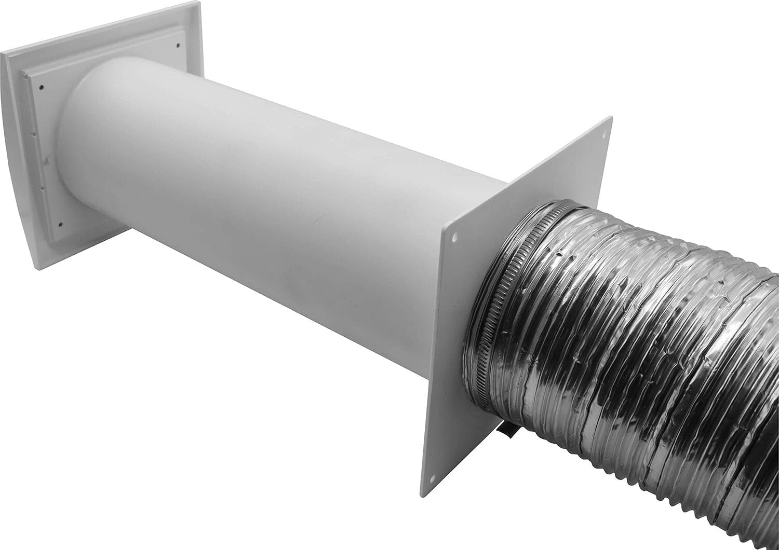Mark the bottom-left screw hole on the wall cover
[x=61, y=225]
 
